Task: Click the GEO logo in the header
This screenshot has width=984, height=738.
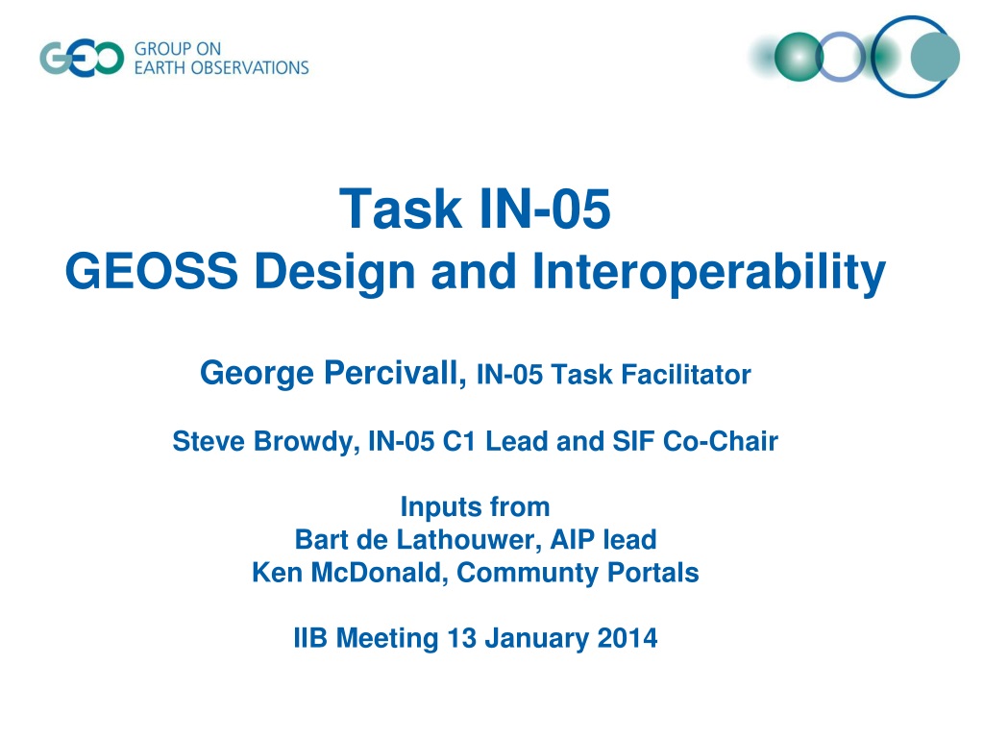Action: [83, 59]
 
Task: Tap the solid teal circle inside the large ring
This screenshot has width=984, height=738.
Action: [935, 57]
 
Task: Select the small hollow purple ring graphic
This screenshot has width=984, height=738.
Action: [841, 57]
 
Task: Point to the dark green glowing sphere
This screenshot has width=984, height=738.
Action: [799, 57]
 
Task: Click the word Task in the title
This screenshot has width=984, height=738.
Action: [401, 209]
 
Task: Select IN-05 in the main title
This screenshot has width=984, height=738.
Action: [545, 209]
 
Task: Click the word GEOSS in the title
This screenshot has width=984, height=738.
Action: [151, 271]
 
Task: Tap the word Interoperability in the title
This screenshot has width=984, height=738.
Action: [709, 272]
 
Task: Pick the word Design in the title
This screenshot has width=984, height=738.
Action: [334, 272]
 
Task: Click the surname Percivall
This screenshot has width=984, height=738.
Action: [395, 373]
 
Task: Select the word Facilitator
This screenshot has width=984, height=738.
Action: [686, 375]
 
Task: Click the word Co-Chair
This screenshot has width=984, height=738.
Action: [721, 441]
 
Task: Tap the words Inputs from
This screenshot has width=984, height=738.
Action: [475, 506]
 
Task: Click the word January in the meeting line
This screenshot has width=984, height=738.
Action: [537, 639]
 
